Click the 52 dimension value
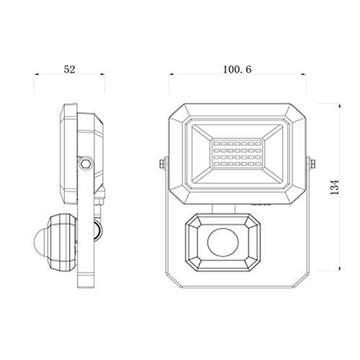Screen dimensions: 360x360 pyautogui.click(x=69, y=69)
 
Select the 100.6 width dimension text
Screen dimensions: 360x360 pyautogui.click(x=238, y=69)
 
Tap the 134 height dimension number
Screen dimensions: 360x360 pyautogui.click(x=335, y=187)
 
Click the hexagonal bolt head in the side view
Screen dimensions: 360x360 pyautogui.click(x=86, y=164)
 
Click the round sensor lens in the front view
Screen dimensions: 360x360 pyautogui.click(x=223, y=242)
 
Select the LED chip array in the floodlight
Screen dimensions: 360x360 pyautogui.click(x=237, y=154)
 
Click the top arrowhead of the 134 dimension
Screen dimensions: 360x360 pyautogui.click(x=339, y=106)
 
